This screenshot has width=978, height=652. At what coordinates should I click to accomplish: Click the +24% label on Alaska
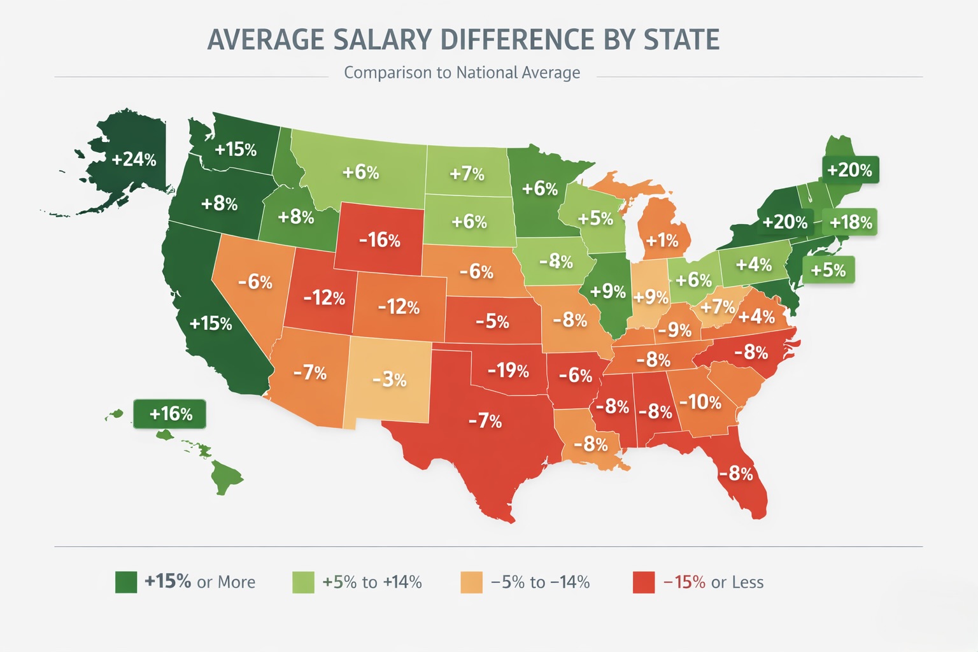click(x=134, y=159)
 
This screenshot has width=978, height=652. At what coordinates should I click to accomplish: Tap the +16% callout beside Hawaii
click(x=170, y=414)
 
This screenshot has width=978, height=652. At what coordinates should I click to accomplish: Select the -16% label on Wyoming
click(x=379, y=240)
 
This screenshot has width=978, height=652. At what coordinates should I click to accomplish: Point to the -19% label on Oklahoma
click(x=508, y=371)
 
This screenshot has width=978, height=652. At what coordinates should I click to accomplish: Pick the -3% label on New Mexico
click(x=389, y=380)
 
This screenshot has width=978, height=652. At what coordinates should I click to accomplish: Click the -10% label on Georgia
click(x=700, y=402)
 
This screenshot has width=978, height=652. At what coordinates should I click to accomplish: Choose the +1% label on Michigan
click(x=662, y=241)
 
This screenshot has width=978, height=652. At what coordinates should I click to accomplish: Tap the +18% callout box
click(x=851, y=222)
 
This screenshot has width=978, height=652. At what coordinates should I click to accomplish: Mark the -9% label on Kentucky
click(x=674, y=330)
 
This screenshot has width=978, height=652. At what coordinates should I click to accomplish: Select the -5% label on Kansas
click(x=492, y=322)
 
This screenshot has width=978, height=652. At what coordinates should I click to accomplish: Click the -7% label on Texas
click(x=485, y=421)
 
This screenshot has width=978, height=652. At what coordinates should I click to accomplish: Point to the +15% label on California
click(x=211, y=323)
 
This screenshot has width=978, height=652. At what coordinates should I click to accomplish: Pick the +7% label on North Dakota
click(x=467, y=174)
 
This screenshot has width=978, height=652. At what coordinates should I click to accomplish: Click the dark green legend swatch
click(x=126, y=582)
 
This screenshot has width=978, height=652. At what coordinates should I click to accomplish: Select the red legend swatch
click(x=644, y=582)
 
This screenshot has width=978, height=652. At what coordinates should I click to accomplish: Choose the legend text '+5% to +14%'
click(x=372, y=582)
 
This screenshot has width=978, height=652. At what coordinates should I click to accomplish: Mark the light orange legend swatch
click(x=471, y=582)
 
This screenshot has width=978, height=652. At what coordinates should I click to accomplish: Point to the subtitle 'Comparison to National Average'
click(x=462, y=73)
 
